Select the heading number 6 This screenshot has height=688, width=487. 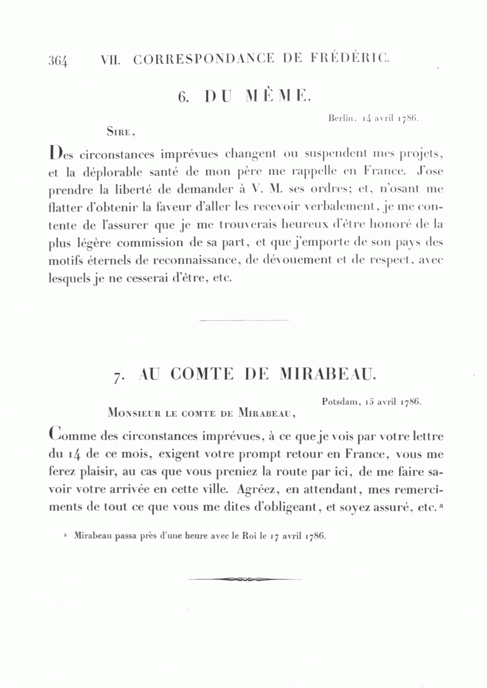pyautogui.click(x=182, y=97)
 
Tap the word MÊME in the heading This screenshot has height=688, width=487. pyautogui.click(x=279, y=96)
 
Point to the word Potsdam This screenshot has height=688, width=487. pyautogui.click(x=340, y=402)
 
